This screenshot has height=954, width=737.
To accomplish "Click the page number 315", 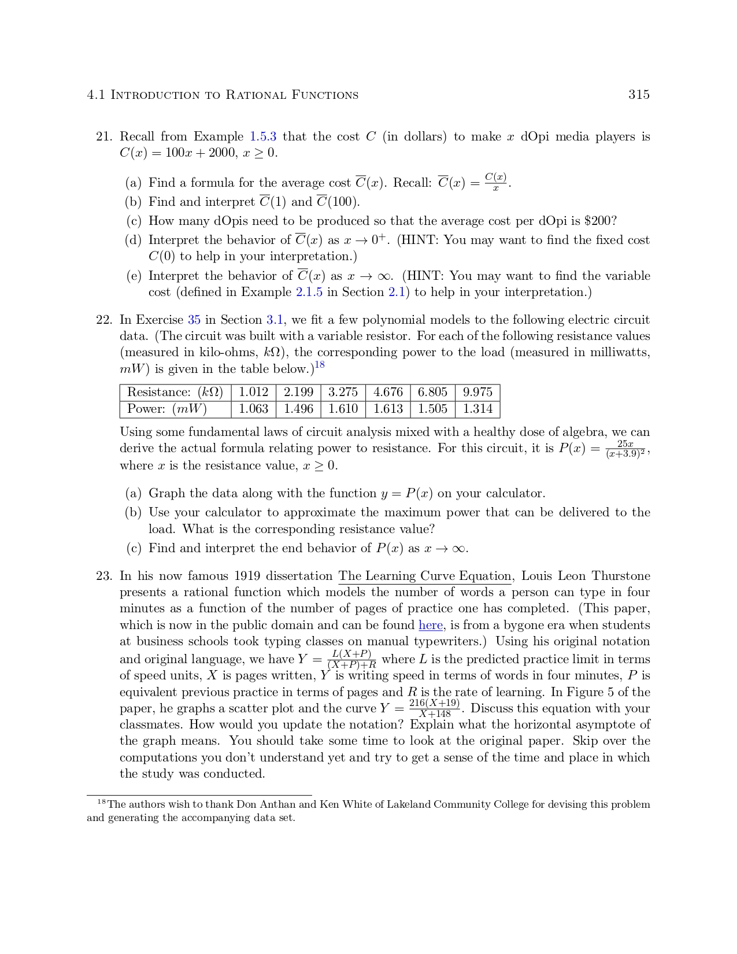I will pos(639,95).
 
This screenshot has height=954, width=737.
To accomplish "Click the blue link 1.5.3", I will pos(262,137).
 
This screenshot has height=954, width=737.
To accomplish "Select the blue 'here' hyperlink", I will pos(431,626).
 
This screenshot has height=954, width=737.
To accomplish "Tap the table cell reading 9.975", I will pos(477,392).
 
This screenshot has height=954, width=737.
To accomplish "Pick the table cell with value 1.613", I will pos(388,409).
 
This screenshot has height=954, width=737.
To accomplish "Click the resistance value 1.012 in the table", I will pos(253,392).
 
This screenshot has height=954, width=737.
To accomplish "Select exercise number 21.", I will pos(103,137).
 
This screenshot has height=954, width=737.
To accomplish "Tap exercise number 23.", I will pos(103,576).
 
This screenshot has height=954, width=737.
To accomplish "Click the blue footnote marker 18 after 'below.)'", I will pos(320,365).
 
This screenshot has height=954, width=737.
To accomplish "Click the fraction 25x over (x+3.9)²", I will pos(625,449).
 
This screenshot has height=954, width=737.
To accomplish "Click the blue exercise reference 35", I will pos(194,320).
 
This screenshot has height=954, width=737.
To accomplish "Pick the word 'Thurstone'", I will pos(621,576).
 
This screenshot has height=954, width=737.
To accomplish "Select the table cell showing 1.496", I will pos(298,409).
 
